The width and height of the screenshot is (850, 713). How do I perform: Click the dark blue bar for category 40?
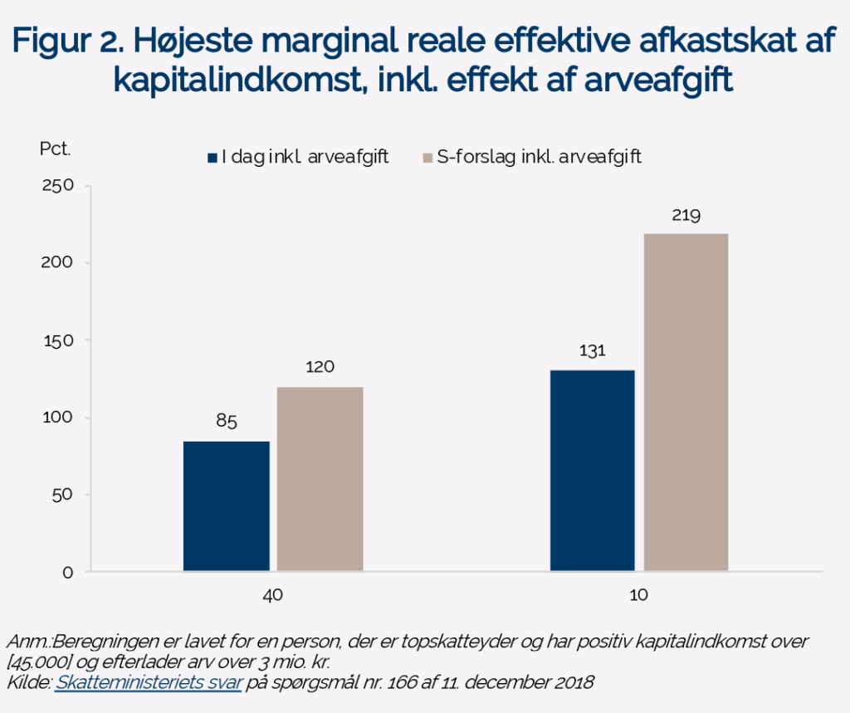(226, 505)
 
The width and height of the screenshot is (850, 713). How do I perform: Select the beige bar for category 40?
(320, 479)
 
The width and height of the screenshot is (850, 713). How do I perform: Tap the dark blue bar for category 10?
(593, 470)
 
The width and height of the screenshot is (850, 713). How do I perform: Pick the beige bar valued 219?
(686, 402)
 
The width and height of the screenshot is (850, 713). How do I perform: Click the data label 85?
(227, 421)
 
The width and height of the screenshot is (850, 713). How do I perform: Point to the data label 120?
(320, 366)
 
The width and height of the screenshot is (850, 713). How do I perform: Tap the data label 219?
(686, 216)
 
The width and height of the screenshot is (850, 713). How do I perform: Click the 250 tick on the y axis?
(58, 186)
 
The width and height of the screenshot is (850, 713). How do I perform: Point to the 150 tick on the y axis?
(58, 340)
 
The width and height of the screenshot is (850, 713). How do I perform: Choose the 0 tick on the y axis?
(68, 573)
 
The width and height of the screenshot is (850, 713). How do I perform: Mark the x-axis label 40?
(271, 596)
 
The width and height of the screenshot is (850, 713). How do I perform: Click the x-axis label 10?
(639, 596)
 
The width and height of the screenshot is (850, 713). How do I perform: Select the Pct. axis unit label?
(56, 149)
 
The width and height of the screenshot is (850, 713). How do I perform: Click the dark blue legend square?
(213, 157)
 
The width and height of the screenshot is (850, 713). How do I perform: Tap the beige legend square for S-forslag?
(428, 157)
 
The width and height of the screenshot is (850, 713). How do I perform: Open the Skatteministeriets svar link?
(149, 683)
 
